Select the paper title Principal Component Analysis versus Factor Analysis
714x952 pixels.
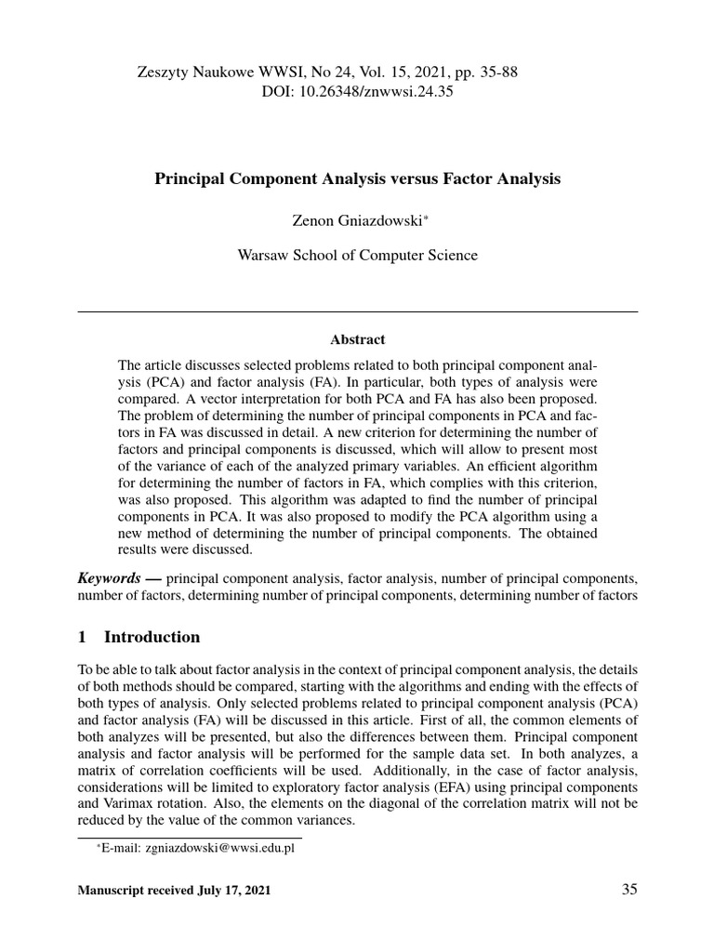pyautogui.click(x=357, y=178)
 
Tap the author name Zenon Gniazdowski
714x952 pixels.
pyautogui.click(x=353, y=219)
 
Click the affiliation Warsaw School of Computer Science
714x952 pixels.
pyautogui.click(x=358, y=256)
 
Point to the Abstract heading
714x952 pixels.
pyautogui.click(x=357, y=340)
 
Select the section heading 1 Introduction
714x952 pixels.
pyautogui.click(x=139, y=637)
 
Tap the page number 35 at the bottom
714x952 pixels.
pyautogui.click(x=629, y=890)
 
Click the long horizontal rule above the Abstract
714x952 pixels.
pyautogui.click(x=357, y=311)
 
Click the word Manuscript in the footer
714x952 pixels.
pyautogui.click(x=110, y=891)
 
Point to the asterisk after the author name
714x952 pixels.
pyautogui.click(x=426, y=216)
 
